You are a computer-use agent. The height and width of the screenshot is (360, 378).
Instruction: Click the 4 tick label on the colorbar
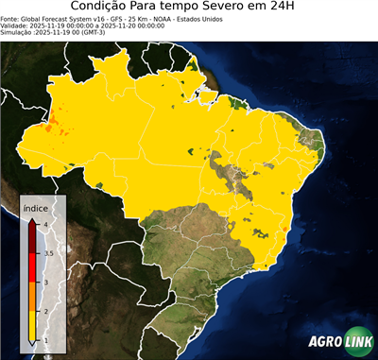[45, 224]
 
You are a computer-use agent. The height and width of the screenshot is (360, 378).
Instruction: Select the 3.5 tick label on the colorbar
[48, 253]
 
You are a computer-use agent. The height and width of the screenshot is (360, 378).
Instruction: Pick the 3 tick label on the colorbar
[45, 283]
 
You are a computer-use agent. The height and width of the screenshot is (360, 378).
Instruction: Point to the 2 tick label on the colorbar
[45, 312]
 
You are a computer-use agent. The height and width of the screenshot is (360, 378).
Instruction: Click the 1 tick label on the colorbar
[45, 341]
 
